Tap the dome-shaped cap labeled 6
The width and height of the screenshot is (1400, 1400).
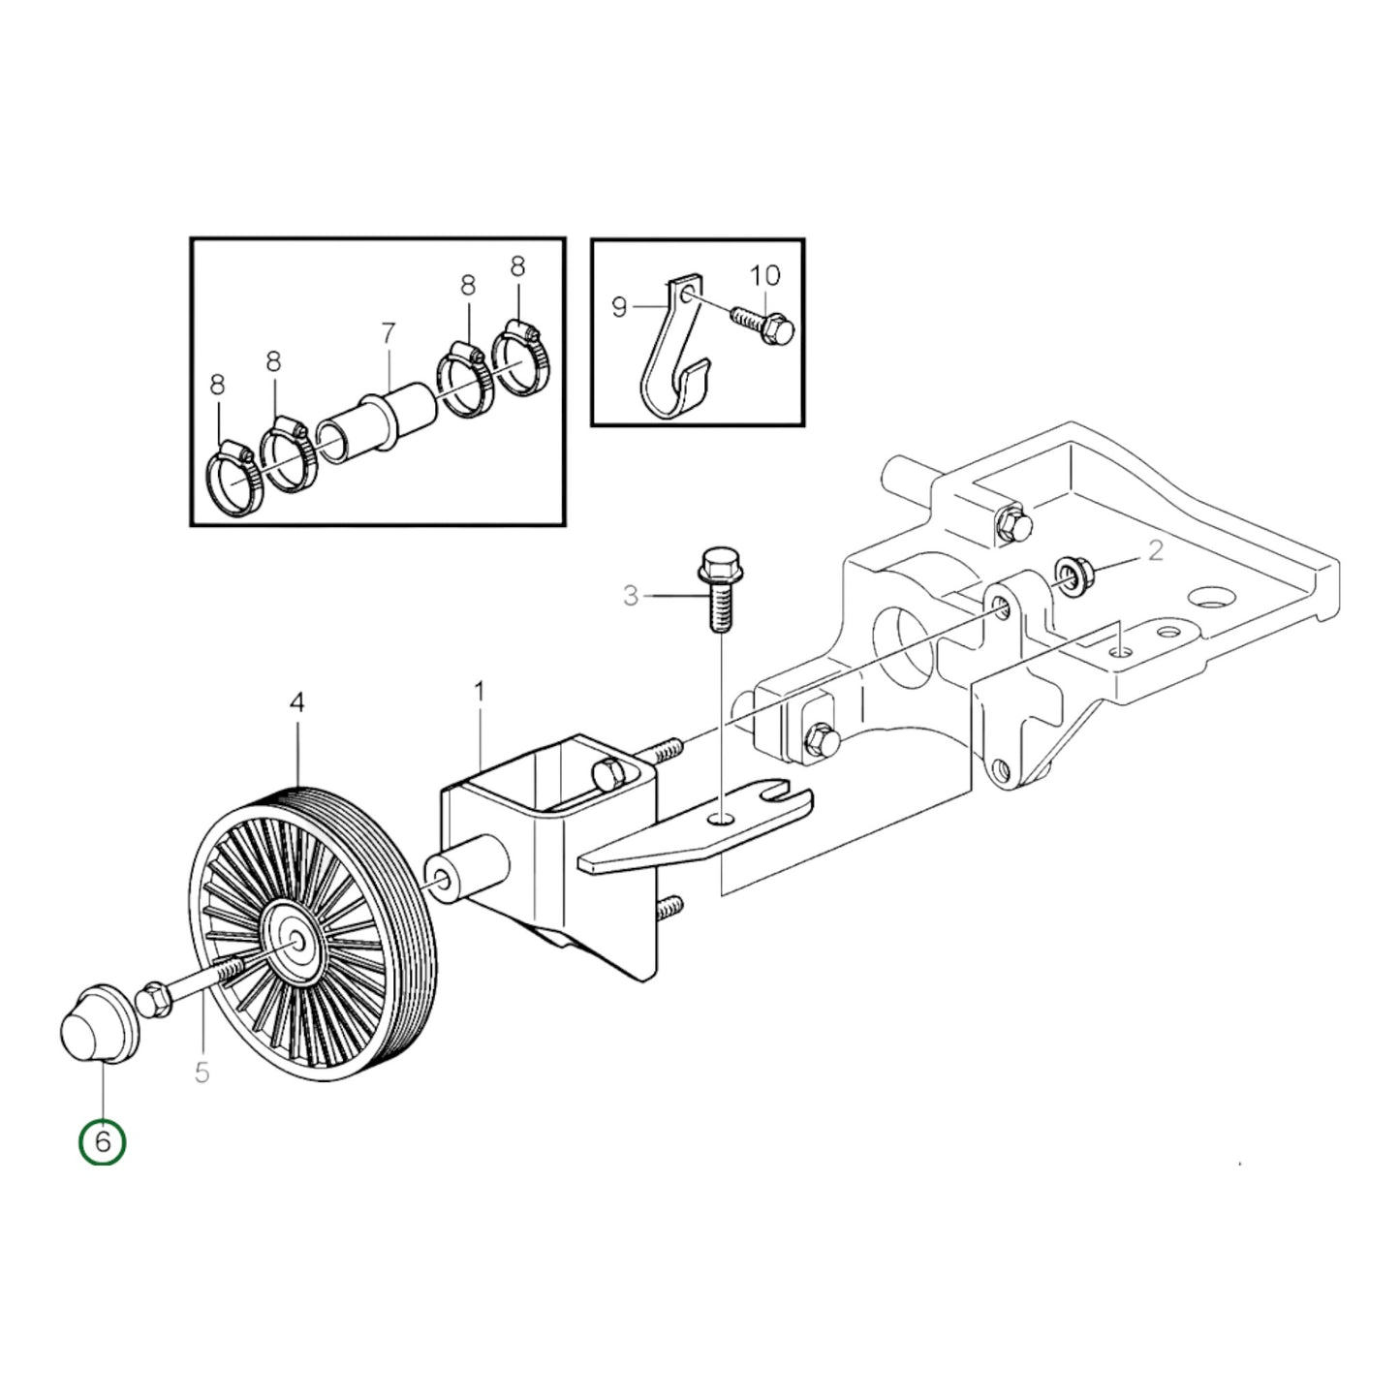[x=98, y=1023]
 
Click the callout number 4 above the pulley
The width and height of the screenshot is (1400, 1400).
[x=296, y=702]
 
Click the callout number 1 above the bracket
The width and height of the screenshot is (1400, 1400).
[x=479, y=692]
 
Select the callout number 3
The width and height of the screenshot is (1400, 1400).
[x=631, y=596]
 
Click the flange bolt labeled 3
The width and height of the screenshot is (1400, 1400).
[x=716, y=589]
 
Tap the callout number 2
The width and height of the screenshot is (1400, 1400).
[x=1155, y=550]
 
